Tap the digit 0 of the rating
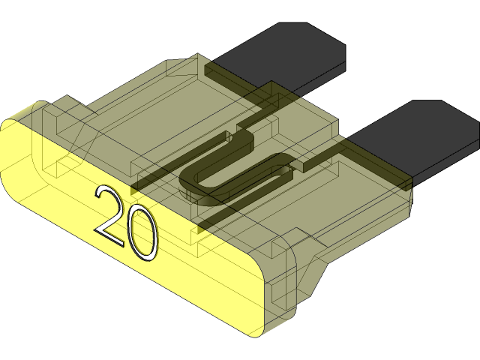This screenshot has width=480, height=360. (x=142, y=234)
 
